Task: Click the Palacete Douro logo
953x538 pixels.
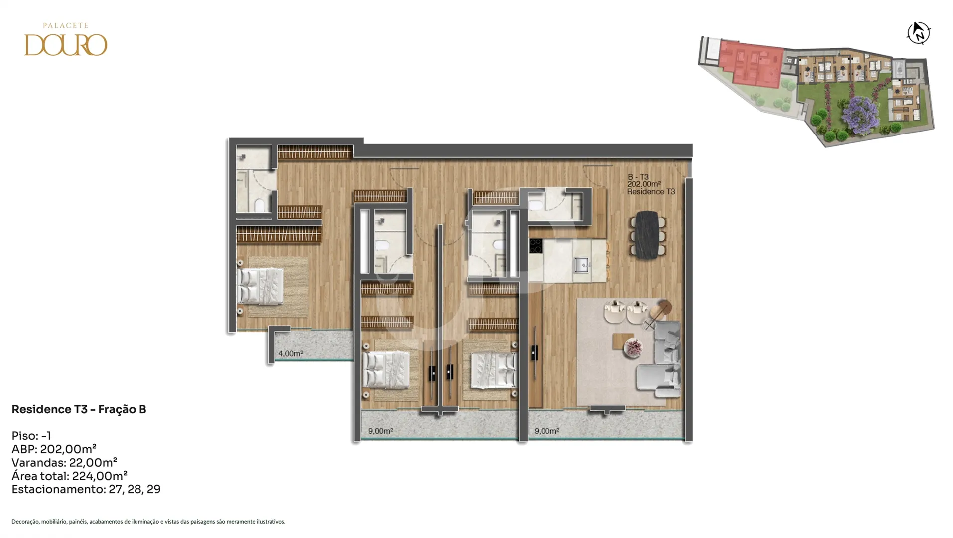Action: [66, 39]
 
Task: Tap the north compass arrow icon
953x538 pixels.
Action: [918, 33]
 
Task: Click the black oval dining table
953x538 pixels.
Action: [647, 234]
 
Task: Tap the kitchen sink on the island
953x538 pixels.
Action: [582, 265]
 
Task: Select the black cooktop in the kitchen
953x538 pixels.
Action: [535, 246]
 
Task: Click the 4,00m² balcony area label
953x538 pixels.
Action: [291, 354]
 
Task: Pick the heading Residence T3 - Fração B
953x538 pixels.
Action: [79, 409]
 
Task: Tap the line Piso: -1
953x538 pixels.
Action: [31, 436]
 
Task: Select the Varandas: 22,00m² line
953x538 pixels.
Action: [64, 462]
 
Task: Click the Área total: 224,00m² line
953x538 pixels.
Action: [69, 476]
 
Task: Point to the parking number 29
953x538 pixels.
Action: [153, 489]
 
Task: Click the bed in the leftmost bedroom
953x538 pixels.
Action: [261, 286]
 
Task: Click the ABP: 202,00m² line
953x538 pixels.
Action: [54, 449]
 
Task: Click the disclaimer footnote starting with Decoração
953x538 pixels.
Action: [148, 522]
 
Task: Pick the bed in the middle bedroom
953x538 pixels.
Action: [387, 369]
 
